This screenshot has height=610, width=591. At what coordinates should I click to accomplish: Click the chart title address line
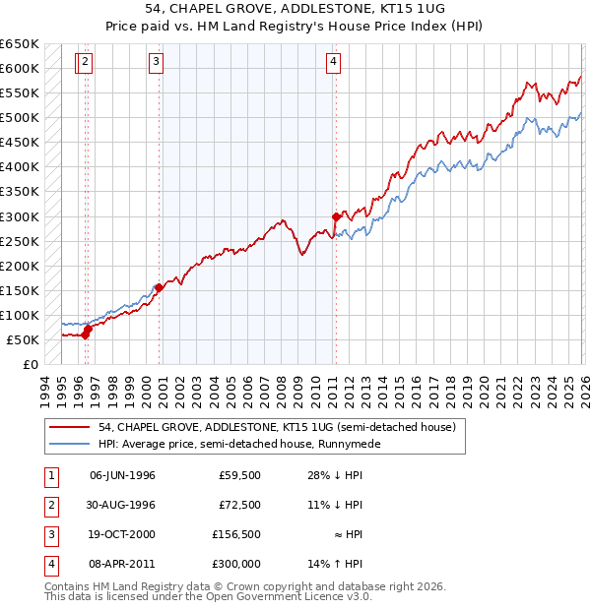pos(295,9)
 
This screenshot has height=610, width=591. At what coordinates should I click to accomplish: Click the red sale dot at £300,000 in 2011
pos(336,216)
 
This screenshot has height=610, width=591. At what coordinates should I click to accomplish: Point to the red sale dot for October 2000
pos(159,287)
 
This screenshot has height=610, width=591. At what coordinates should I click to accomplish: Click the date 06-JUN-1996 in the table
pos(122,475)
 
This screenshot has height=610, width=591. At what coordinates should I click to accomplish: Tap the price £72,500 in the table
pos(239,505)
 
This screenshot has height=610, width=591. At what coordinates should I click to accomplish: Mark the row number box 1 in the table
pos(50,475)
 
